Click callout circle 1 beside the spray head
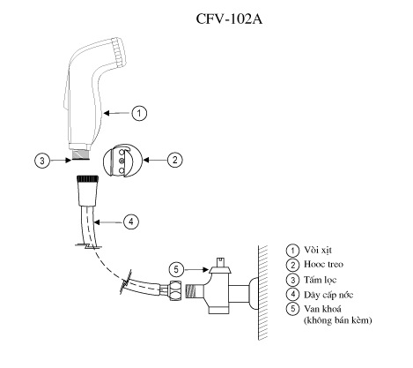pyautogui.click(x=140, y=113)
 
